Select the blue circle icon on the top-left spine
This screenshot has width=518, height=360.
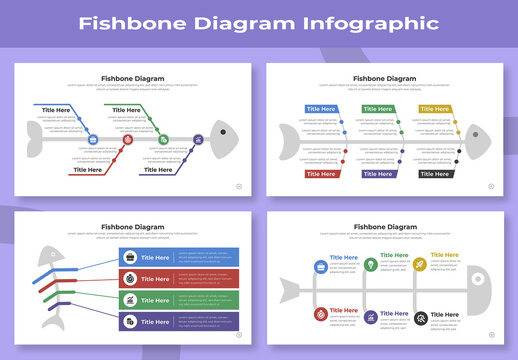[92, 140]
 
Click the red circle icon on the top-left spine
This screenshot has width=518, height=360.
[127, 140]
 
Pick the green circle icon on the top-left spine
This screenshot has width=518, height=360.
[163, 140]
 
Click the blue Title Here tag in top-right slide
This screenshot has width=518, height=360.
[321, 108]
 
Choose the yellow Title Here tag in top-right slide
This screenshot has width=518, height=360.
[434, 108]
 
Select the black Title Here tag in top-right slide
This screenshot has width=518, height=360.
[434, 174]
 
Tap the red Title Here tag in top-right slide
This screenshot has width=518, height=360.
[321, 174]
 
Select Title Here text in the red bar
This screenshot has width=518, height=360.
[155, 279]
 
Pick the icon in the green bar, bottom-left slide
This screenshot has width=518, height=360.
[130, 300]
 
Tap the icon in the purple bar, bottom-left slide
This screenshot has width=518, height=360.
[130, 322]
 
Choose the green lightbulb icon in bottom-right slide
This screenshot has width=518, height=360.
[370, 265]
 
